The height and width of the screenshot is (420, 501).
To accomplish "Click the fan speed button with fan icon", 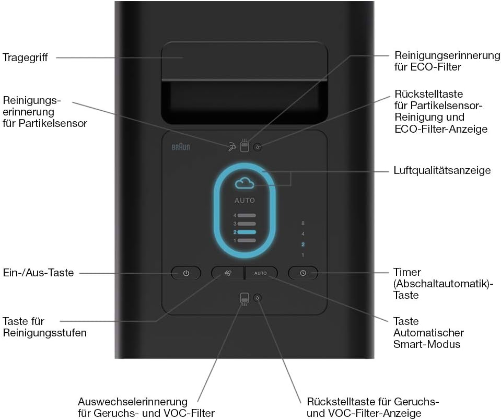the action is click(x=228, y=273).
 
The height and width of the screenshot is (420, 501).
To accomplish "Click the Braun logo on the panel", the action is click(x=181, y=147).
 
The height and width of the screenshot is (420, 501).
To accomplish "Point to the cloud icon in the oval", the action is click(x=244, y=183).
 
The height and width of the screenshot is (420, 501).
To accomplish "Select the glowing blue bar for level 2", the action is click(x=247, y=232).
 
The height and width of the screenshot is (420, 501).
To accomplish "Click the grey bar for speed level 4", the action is click(x=247, y=216).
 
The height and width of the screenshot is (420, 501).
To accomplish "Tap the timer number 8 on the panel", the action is click(x=303, y=223).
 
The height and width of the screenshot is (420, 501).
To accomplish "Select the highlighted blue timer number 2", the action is click(x=303, y=244).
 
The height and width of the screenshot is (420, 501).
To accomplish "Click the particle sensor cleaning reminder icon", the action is click(x=231, y=147).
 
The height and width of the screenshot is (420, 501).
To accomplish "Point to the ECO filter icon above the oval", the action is click(x=244, y=145).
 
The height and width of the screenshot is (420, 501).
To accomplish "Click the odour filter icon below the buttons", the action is click(x=244, y=299).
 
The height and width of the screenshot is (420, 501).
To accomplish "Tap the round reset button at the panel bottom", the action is click(x=258, y=298).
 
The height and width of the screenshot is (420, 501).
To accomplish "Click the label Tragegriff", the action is click(x=25, y=58).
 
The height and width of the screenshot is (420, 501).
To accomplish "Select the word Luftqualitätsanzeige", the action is click(x=442, y=170).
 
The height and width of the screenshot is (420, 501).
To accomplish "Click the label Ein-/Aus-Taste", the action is click(x=38, y=273).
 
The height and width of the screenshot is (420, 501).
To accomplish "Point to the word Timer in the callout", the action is click(x=407, y=272).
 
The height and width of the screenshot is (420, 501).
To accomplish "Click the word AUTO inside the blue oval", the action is click(x=244, y=201).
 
